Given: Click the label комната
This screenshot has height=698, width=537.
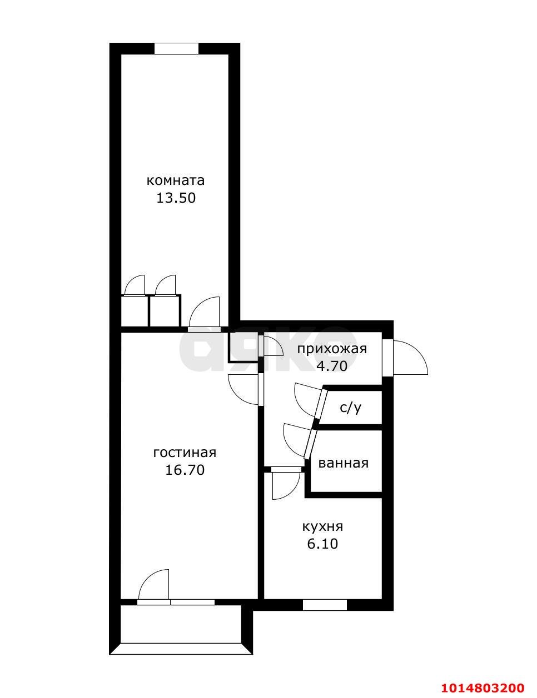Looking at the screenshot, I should [176, 180].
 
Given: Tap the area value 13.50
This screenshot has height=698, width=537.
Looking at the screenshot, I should [176, 198].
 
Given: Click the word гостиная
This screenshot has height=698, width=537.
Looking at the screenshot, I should [185, 453].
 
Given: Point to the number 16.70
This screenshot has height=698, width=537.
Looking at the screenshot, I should [185, 470].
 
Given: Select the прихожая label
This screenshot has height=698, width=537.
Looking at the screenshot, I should [332, 349].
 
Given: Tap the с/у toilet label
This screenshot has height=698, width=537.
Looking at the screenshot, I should [351, 408].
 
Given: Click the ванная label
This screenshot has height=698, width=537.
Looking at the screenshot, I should [343, 463].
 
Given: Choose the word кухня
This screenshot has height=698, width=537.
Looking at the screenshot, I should [322, 526].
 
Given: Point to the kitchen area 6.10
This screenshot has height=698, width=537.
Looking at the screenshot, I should [322, 544].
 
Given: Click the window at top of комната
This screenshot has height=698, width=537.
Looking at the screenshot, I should [176, 49].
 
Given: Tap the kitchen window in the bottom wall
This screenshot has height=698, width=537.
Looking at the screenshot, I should [325, 605].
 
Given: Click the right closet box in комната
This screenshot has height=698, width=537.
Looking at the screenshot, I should [165, 311].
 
